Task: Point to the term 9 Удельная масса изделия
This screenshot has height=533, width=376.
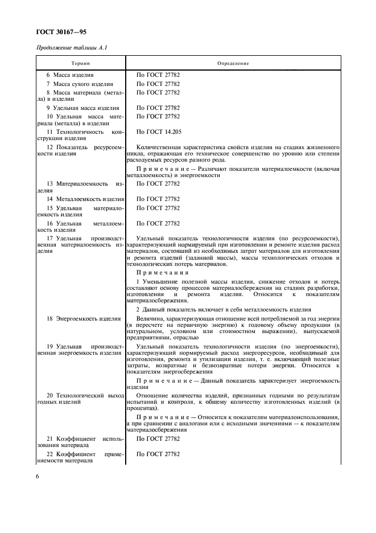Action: coord(83,108)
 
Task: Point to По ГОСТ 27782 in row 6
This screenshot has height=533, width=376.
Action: coord(158,75)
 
